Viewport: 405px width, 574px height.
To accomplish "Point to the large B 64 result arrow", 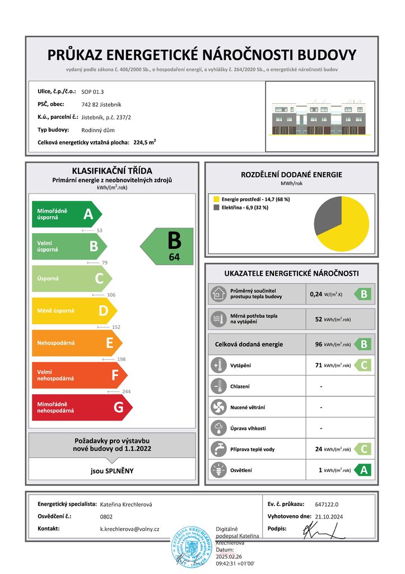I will (168, 246).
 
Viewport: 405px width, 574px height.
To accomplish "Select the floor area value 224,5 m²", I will (145, 142).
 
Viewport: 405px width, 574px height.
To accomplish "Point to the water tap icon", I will (217, 449).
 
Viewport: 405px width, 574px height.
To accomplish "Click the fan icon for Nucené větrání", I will (217, 408).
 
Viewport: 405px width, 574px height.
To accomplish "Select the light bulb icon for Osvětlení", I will (217, 470).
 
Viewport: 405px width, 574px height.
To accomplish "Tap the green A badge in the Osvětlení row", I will (363, 470).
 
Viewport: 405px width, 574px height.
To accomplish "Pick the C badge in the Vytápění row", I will (363, 365).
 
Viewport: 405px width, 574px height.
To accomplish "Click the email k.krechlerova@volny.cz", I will (129, 529).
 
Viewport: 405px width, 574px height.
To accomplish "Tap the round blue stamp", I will (192, 545).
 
